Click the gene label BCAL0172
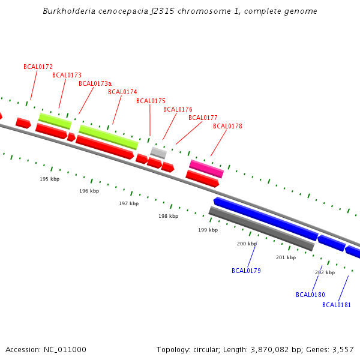tap(38, 67)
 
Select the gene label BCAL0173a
tap(95, 83)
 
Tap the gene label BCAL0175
tap(151, 101)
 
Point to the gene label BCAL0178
tap(227, 126)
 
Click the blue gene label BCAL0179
tap(246, 271)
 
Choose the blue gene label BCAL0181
tap(337, 305)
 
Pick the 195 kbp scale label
tap(50, 179)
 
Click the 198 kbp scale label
tap(169, 216)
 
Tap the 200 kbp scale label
tap(247, 244)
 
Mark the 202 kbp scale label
tap(325, 272)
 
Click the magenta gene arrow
tap(206, 168)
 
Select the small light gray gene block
tap(158, 152)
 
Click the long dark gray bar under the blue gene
tap(261, 229)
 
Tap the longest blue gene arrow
tap(265, 218)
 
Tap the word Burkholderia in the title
tap(65, 11)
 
